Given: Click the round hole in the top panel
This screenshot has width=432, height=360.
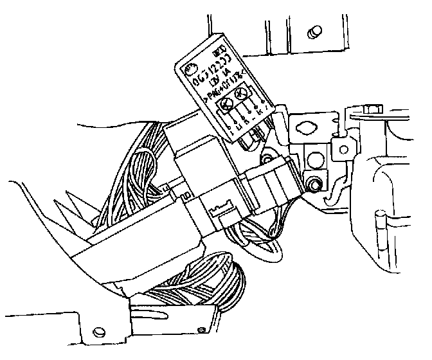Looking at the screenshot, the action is pos(314,31).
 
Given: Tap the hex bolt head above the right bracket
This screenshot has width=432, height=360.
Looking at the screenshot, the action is pos(370,109).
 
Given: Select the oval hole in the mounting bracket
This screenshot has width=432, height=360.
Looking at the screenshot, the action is pos(310,126).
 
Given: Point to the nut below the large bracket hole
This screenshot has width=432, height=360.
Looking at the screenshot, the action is pos(314,185).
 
